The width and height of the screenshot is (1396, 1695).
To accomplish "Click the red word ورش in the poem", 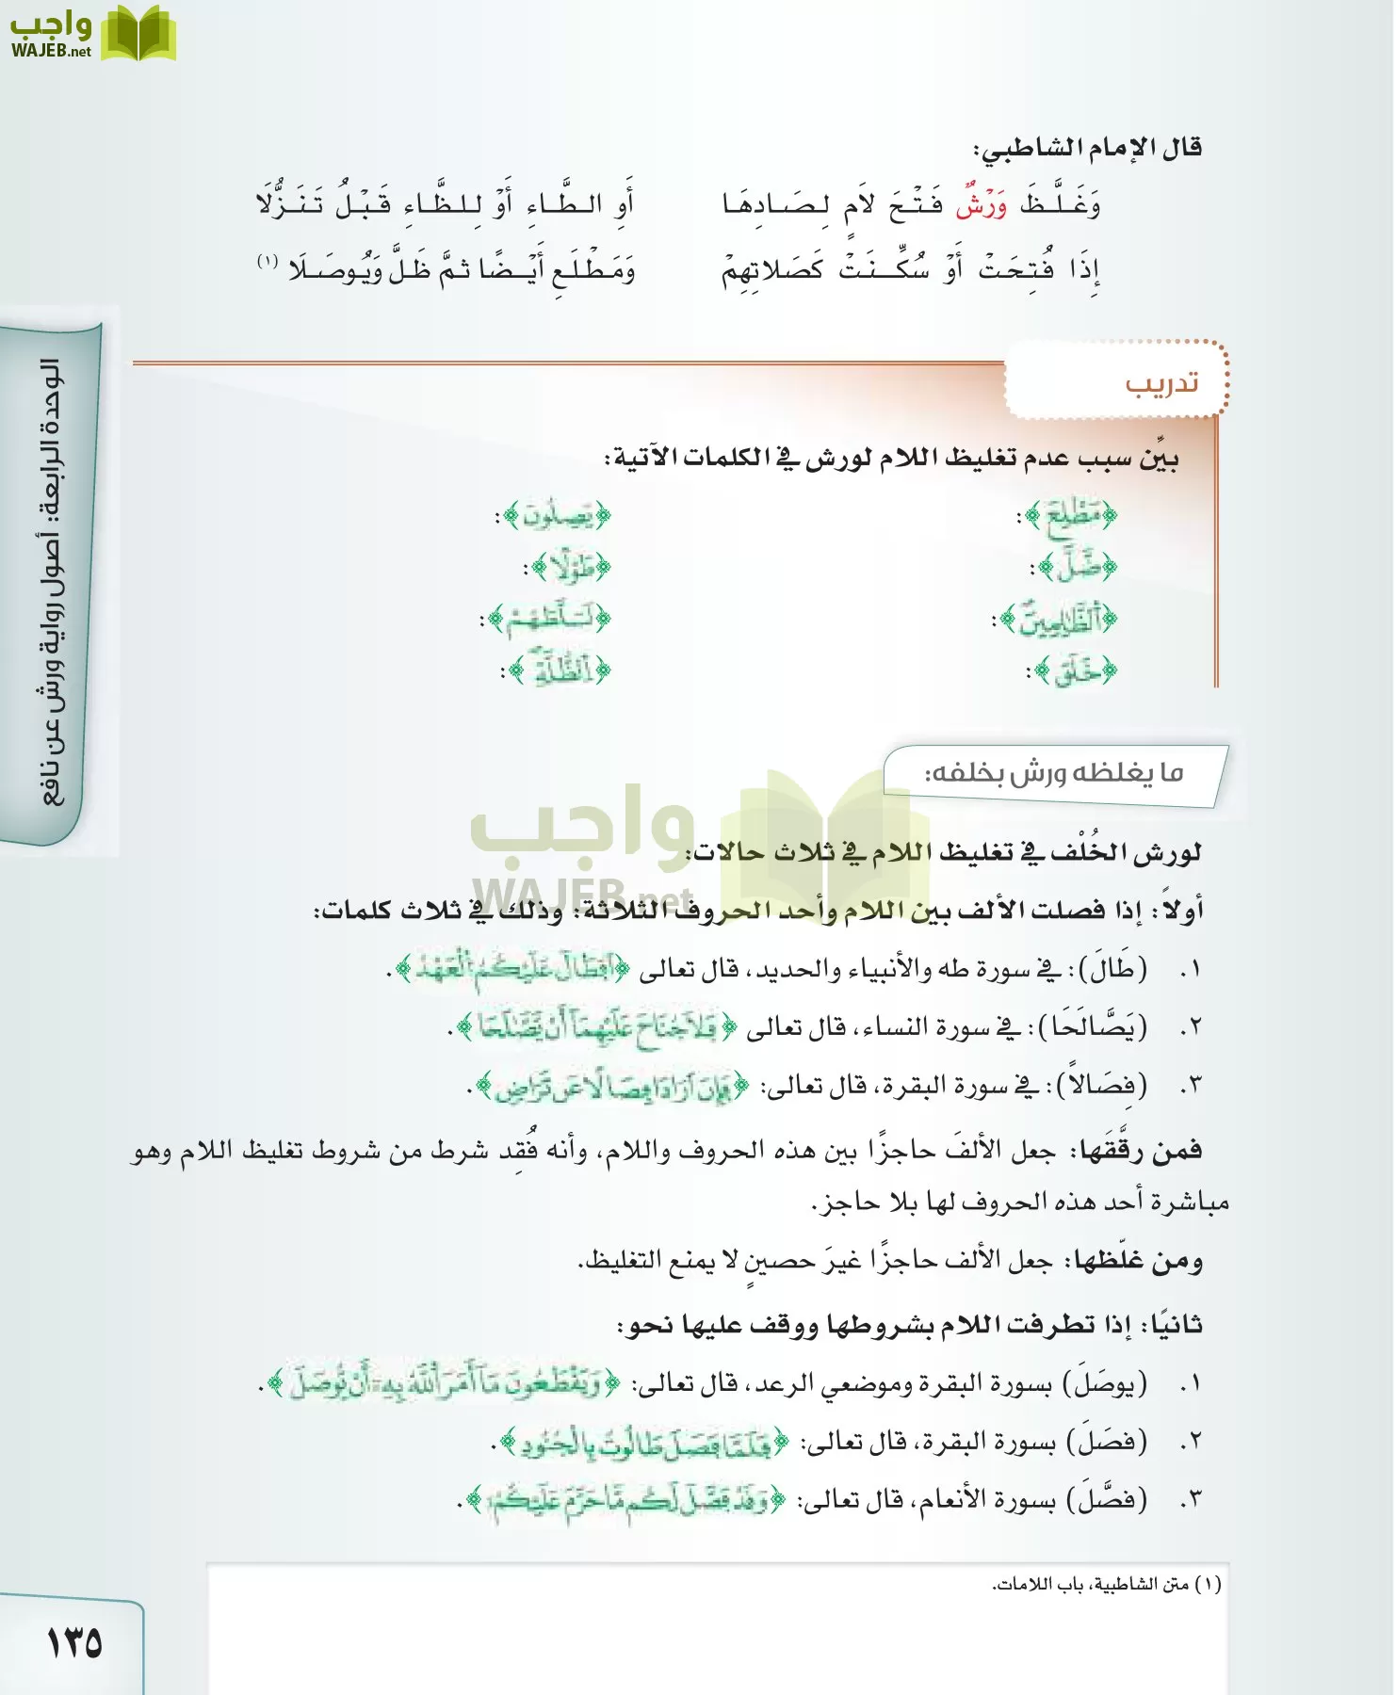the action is click(x=982, y=204).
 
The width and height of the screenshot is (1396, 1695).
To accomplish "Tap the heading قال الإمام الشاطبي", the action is click(x=1087, y=148).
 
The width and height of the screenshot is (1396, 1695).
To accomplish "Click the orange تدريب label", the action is click(x=1161, y=383).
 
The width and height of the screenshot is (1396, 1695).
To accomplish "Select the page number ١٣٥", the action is click(x=74, y=1642).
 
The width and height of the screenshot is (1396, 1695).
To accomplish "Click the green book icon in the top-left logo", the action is click(x=138, y=34).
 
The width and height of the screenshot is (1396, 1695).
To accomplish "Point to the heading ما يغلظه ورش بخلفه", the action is click(x=1053, y=774).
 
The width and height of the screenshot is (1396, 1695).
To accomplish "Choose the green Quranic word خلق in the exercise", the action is click(x=1076, y=671).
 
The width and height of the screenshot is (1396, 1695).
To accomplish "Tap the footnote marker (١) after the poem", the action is click(x=268, y=261).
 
